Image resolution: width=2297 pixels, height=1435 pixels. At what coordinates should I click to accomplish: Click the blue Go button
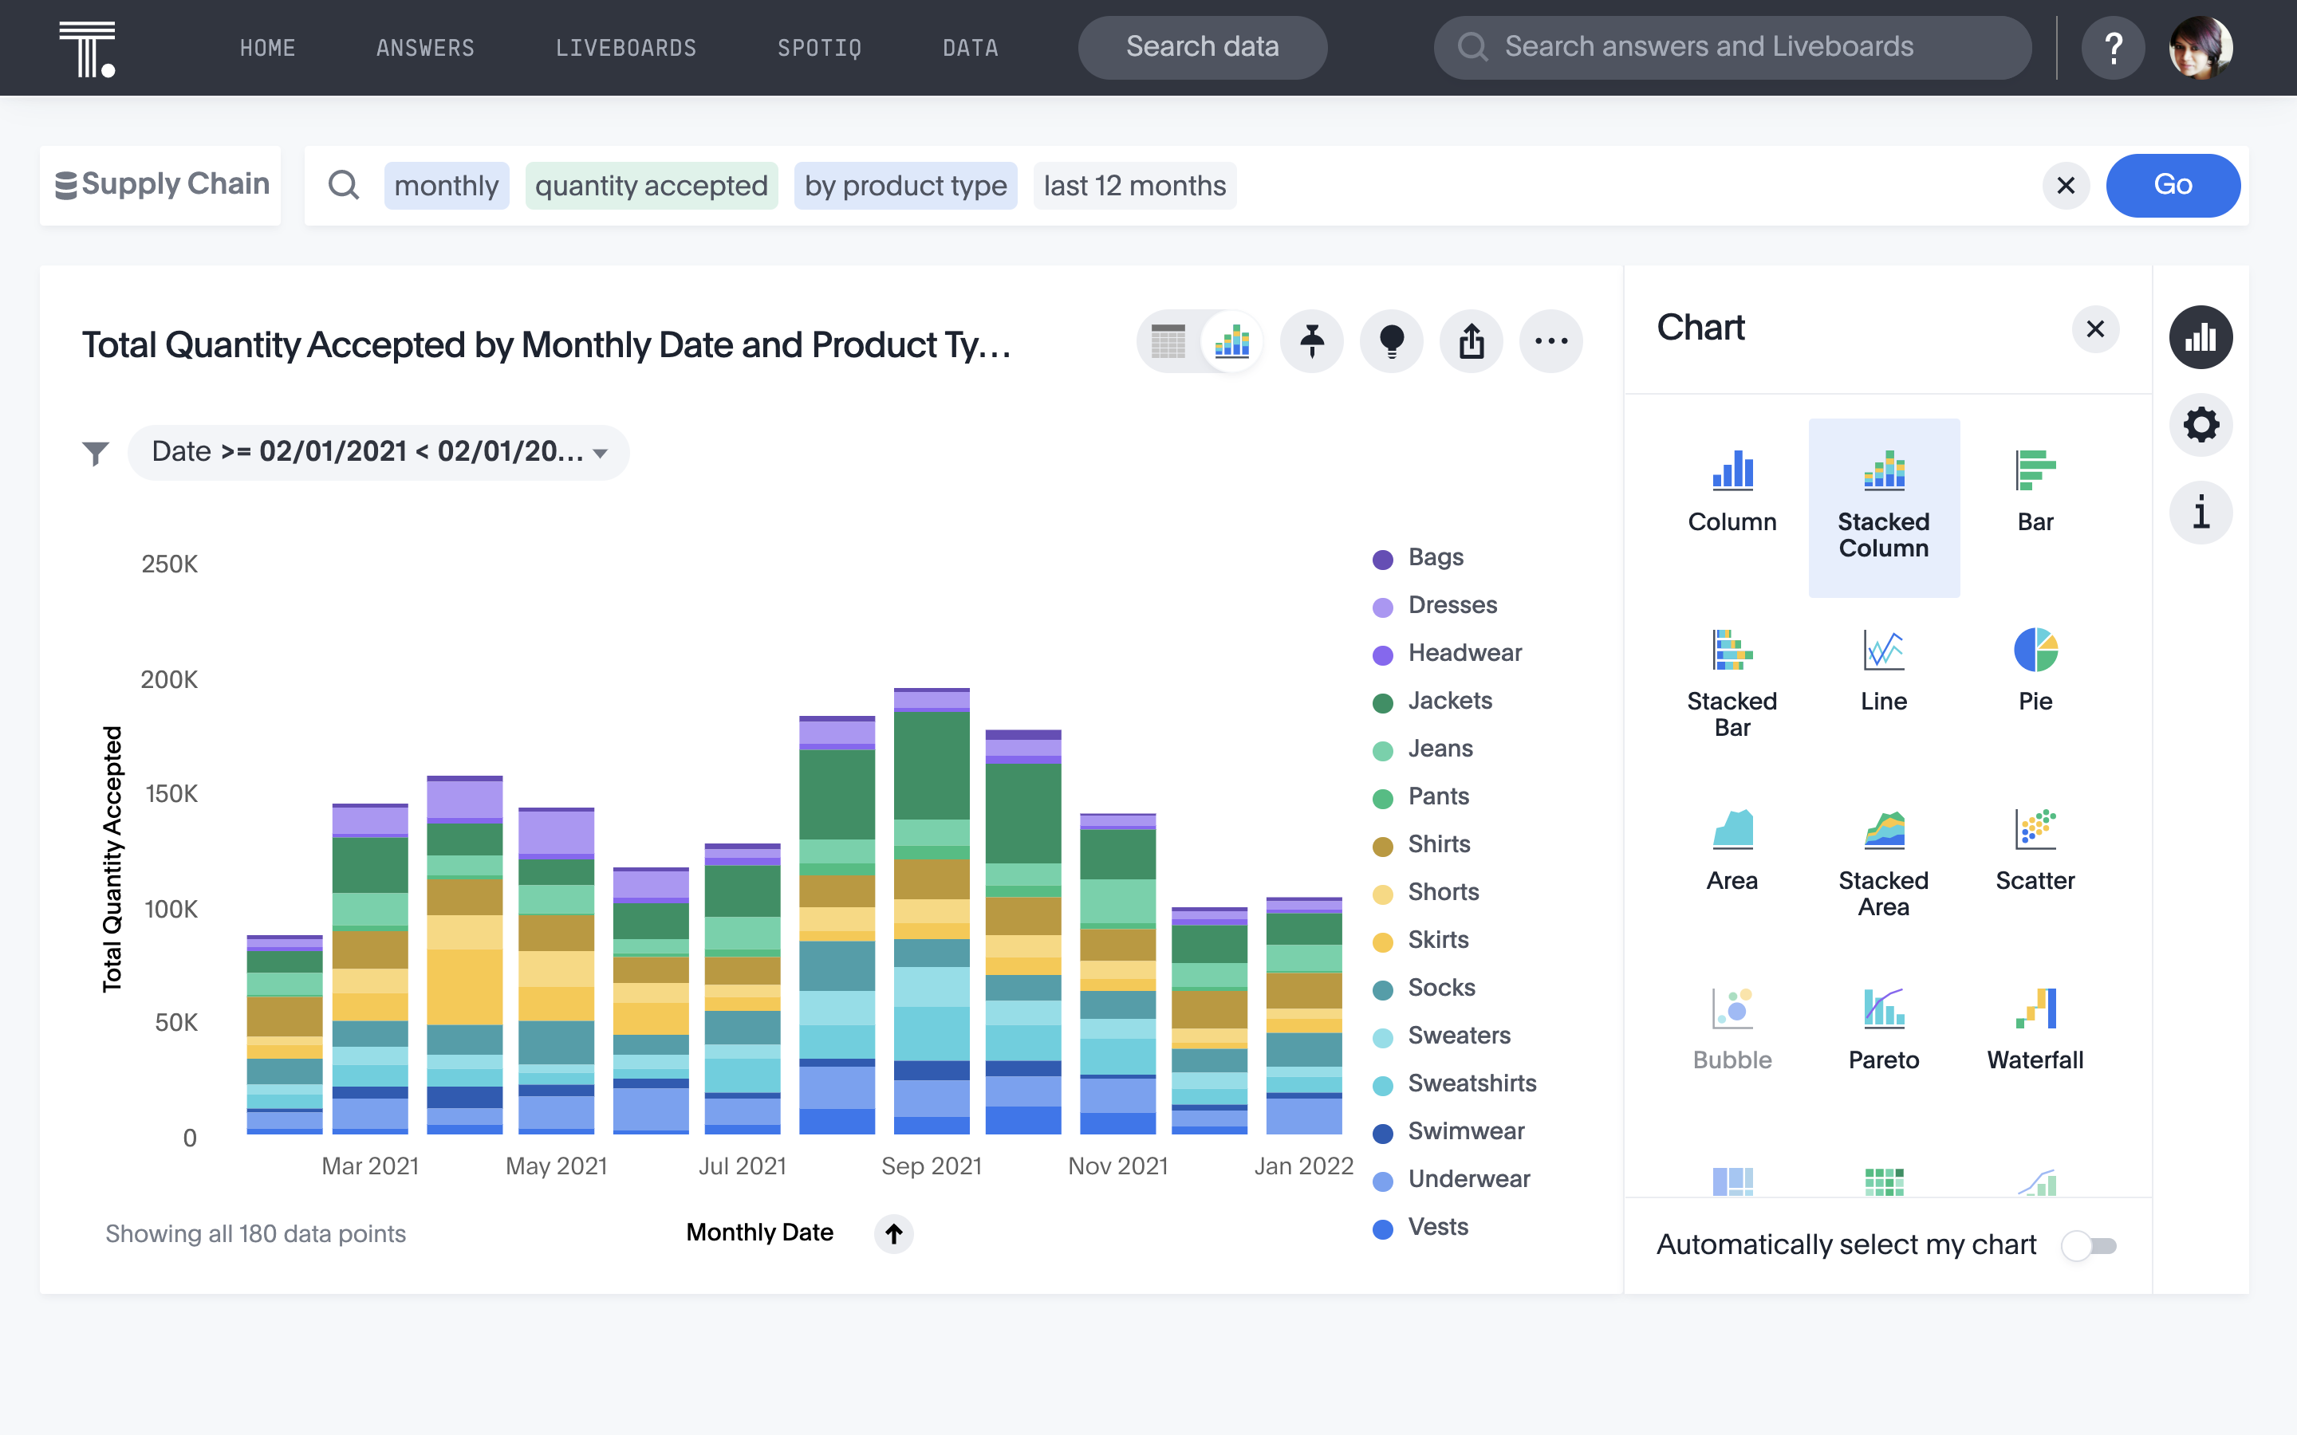coord(2172,185)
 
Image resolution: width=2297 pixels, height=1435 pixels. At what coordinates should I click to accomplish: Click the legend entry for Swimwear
coord(1464,1131)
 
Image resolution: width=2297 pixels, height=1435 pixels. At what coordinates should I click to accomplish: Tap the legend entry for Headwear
coord(1464,653)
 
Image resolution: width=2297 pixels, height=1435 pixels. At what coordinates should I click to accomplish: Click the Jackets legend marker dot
coord(1382,702)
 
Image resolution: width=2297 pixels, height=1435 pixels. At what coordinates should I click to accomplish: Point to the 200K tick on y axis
coord(169,679)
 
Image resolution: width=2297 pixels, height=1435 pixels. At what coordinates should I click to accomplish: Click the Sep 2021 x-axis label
coord(930,1166)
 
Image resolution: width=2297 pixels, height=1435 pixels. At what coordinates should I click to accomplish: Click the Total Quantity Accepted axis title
coord(112,859)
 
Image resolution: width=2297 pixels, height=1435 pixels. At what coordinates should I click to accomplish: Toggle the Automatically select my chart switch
coord(2088,1245)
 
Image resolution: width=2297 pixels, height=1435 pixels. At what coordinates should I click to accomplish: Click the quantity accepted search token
coord(651,185)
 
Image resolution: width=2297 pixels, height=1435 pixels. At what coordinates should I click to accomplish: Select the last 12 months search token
coord(1134,185)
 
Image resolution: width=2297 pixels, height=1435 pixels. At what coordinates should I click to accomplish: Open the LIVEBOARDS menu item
coord(625,48)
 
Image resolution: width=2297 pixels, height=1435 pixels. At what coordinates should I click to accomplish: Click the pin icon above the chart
coord(1312,340)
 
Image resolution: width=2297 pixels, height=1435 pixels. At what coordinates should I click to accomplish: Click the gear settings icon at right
coord(2200,424)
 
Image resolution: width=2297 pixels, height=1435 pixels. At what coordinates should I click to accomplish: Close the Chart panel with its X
coord(2095,329)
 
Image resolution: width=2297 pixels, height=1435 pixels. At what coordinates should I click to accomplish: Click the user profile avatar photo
coord(2200,48)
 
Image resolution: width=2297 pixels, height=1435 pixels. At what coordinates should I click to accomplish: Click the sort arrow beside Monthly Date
coord(893,1233)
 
